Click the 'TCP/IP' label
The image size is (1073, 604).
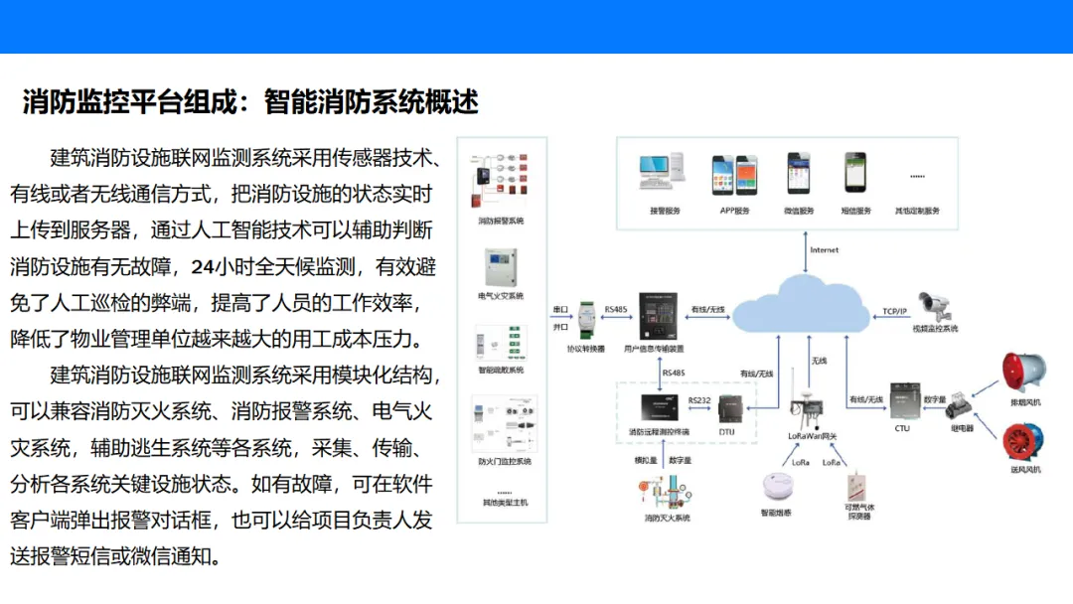[895, 311]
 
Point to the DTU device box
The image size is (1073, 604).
[731, 408]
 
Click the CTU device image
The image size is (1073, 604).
[902, 400]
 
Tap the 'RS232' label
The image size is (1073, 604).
[698, 399]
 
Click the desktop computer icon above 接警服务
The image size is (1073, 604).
[664, 175]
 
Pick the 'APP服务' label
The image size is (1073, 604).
[734, 211]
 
